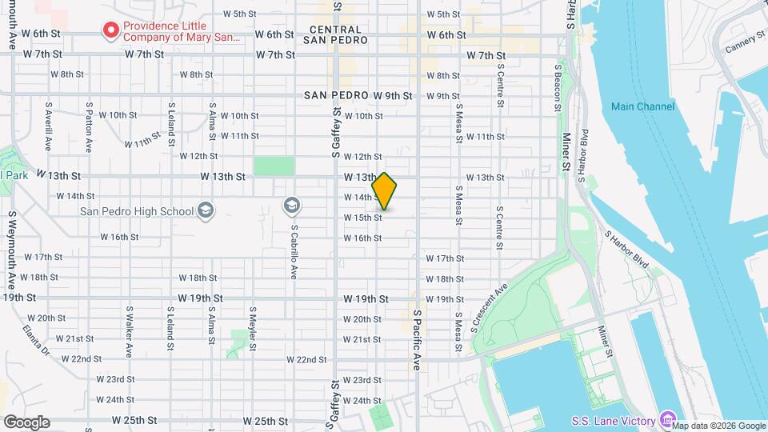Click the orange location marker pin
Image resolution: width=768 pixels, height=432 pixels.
385,191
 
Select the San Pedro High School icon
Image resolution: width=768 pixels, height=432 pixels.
206,211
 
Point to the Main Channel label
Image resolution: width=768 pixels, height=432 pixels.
642,106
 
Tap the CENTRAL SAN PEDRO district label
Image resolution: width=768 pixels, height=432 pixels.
337,34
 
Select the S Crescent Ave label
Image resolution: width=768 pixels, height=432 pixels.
490,307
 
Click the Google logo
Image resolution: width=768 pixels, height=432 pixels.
26,422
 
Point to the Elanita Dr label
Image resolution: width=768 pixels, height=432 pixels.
35,339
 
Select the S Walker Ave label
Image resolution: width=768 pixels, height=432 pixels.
129,330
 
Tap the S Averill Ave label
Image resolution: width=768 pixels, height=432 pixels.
49,126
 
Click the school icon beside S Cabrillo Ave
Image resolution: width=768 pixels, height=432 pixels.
292,206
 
